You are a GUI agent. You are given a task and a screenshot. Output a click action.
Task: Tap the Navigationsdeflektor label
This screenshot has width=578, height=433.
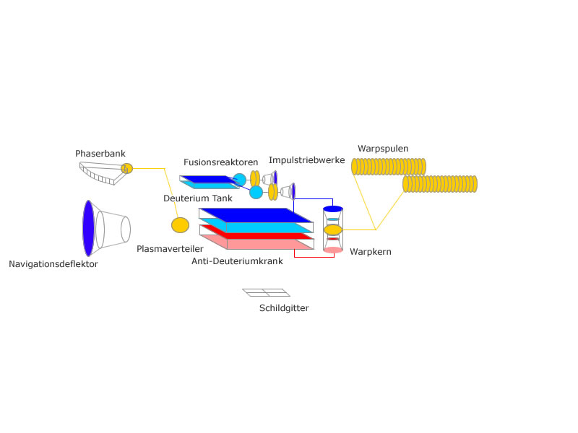point(53,264)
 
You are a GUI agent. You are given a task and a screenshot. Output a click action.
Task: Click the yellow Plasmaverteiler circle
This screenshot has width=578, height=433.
point(180,225)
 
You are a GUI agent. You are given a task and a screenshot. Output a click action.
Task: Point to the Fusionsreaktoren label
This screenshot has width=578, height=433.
point(220,162)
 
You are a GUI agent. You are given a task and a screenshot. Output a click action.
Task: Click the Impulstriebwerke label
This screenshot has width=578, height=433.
point(306,159)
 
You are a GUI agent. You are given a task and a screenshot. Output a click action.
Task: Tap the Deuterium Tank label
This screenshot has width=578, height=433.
point(198,197)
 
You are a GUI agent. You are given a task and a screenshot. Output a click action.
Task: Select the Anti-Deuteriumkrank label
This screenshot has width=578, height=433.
point(237,261)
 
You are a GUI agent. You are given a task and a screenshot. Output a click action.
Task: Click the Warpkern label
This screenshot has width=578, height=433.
point(371,253)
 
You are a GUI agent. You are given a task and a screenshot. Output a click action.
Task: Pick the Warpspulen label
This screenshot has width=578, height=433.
point(383,149)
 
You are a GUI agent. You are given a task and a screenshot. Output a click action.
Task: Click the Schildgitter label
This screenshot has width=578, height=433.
point(284,308)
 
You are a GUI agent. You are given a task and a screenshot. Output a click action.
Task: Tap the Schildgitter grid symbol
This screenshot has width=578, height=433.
point(267,292)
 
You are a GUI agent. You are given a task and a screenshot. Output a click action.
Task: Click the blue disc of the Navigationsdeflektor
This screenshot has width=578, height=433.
point(88,228)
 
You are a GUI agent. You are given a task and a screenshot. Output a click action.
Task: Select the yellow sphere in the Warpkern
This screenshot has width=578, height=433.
point(333,229)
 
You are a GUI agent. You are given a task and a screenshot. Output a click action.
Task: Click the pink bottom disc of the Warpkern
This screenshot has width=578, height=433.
point(333,250)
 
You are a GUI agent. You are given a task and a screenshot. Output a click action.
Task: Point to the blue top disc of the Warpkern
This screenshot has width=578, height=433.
point(333,209)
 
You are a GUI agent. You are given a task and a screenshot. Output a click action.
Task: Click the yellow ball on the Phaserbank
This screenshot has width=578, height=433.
point(127,168)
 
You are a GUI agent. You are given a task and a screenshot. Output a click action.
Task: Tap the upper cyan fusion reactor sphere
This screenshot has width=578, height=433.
point(240,179)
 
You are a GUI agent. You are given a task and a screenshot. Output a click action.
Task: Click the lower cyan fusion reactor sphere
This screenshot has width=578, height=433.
point(256,193)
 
